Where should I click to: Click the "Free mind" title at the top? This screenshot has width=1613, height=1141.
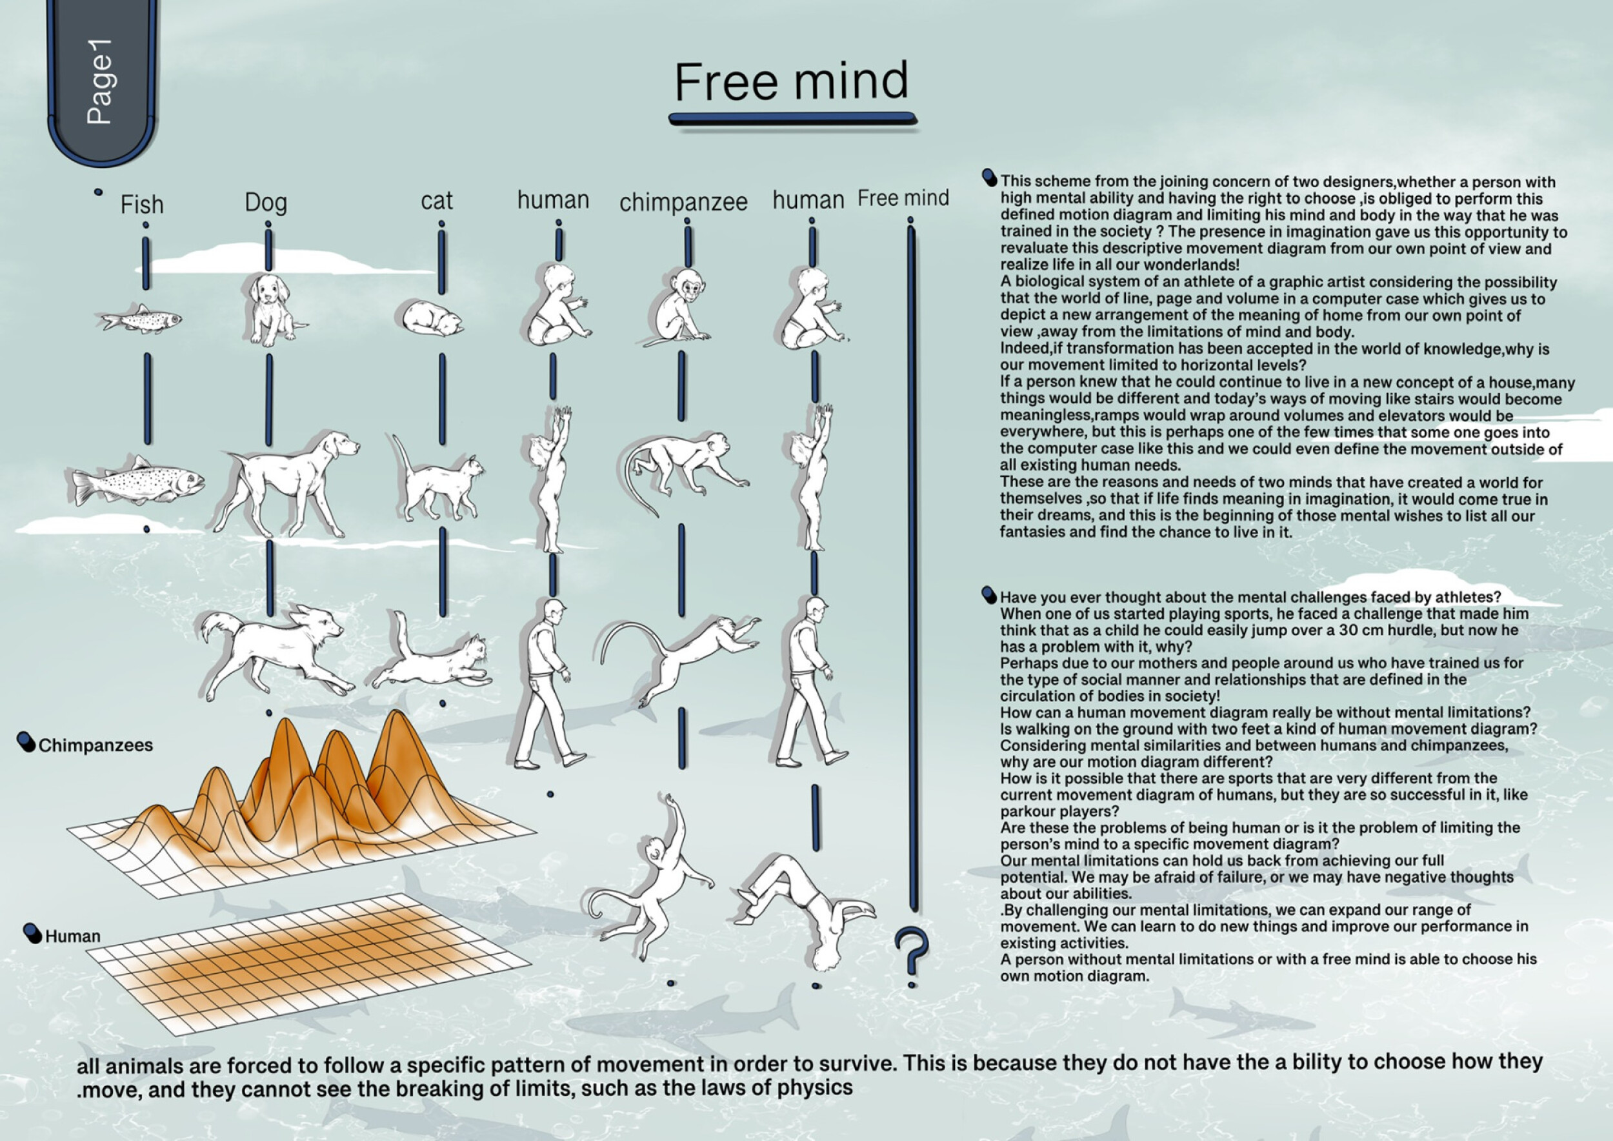coord(792,81)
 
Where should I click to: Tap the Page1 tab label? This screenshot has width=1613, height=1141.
coord(101,81)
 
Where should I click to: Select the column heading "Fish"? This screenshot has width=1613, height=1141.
coord(142,205)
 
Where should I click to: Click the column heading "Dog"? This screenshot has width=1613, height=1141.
coord(266,203)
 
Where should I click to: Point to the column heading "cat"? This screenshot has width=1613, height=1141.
coord(436,201)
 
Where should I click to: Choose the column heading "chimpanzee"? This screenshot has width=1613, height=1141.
coord(683,203)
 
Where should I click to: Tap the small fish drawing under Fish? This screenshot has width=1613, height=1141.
coord(139,319)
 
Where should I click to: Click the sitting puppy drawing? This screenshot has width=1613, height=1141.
coord(271,309)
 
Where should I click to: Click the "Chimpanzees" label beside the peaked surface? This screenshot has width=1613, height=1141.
coord(95,745)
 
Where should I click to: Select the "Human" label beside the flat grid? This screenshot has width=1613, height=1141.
coord(72,936)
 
